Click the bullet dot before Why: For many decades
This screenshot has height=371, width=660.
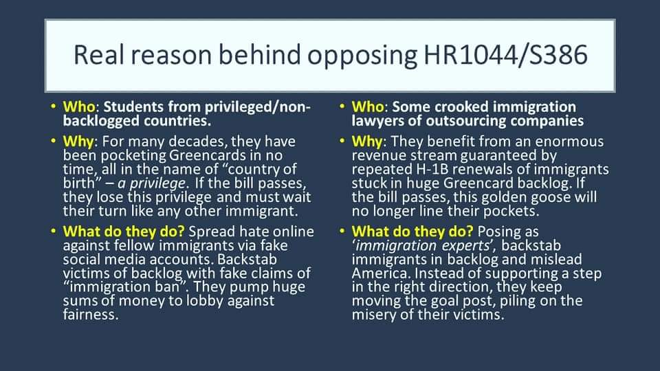click(x=54, y=142)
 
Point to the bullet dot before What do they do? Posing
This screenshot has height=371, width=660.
click(x=342, y=232)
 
